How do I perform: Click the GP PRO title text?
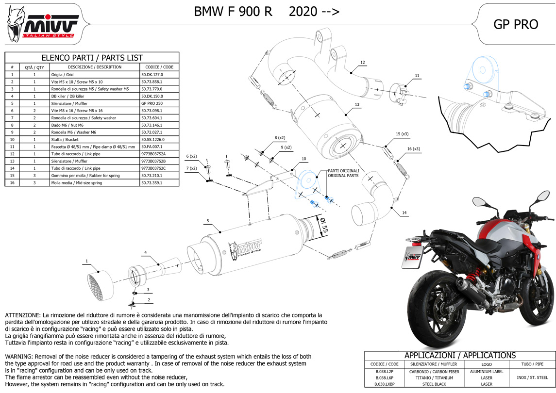coord(516,25)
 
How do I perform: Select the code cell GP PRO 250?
coord(152,103)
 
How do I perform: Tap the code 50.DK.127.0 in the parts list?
coord(152,75)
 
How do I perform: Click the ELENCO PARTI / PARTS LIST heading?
coord(92,57)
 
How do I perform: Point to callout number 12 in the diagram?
coord(362,63)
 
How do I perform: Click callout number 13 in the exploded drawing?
coord(356,105)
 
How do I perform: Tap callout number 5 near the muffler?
coord(207,221)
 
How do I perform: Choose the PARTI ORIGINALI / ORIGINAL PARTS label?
coord(343,173)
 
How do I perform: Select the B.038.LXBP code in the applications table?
coord(384,384)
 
